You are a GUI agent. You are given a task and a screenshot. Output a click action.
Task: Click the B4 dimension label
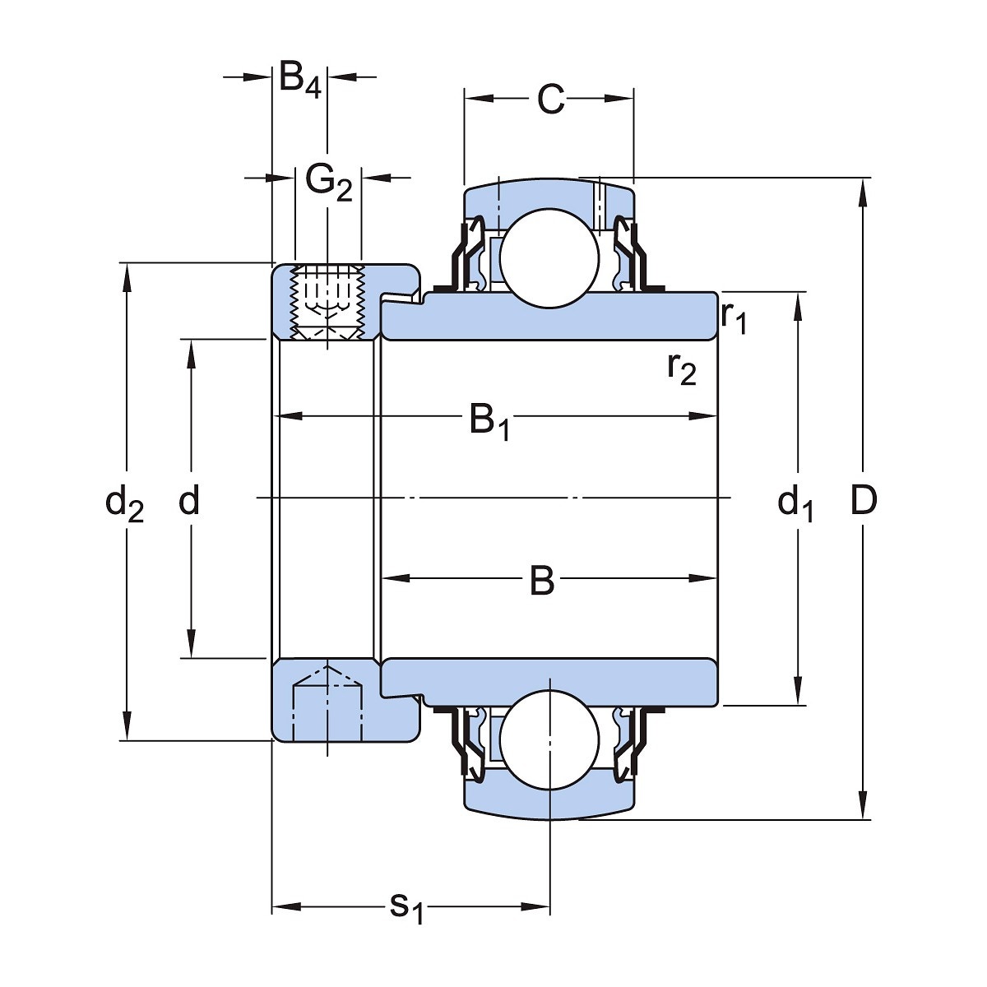pos(299,79)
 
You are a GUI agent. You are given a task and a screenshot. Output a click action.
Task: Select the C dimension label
pos(550,100)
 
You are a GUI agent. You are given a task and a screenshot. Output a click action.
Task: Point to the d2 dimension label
pos(125,503)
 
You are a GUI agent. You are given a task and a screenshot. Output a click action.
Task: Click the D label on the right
pos(863,500)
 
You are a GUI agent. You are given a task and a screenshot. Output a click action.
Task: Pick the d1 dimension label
pos(795,503)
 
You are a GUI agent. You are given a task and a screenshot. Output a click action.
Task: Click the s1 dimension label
pos(405,908)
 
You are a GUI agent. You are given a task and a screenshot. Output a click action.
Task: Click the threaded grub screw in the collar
pos(327,302)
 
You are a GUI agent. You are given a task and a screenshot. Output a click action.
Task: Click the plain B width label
pos(542,582)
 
